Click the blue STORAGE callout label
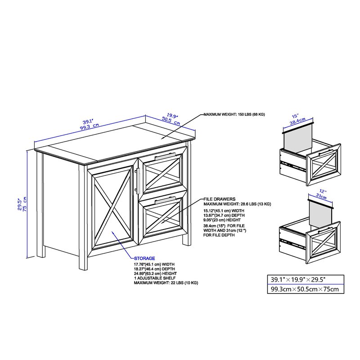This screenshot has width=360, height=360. [x=144, y=258]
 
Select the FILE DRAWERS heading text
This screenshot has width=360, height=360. [x=220, y=199]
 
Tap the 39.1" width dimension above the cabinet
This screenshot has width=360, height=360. [x=88, y=121]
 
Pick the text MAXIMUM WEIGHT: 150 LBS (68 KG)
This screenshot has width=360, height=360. [x=234, y=114]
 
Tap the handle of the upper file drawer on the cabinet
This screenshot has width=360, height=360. [x=165, y=157]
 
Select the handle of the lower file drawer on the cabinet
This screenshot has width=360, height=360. [x=165, y=200]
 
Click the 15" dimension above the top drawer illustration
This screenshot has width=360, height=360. [x=295, y=116]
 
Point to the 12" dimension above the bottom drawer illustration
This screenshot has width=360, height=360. [x=323, y=191]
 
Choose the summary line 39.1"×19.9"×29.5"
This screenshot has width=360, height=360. [x=298, y=279]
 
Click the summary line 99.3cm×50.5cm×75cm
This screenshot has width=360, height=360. [x=305, y=289]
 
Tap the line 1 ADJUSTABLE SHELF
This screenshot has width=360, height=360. [x=155, y=278]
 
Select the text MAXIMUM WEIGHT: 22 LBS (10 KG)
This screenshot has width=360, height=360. [x=166, y=283]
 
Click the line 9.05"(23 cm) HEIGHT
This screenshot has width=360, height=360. [x=222, y=220]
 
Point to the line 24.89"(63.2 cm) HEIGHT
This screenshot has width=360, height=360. [x=155, y=274]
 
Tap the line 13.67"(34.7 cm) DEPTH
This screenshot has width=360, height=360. [x=224, y=216]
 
